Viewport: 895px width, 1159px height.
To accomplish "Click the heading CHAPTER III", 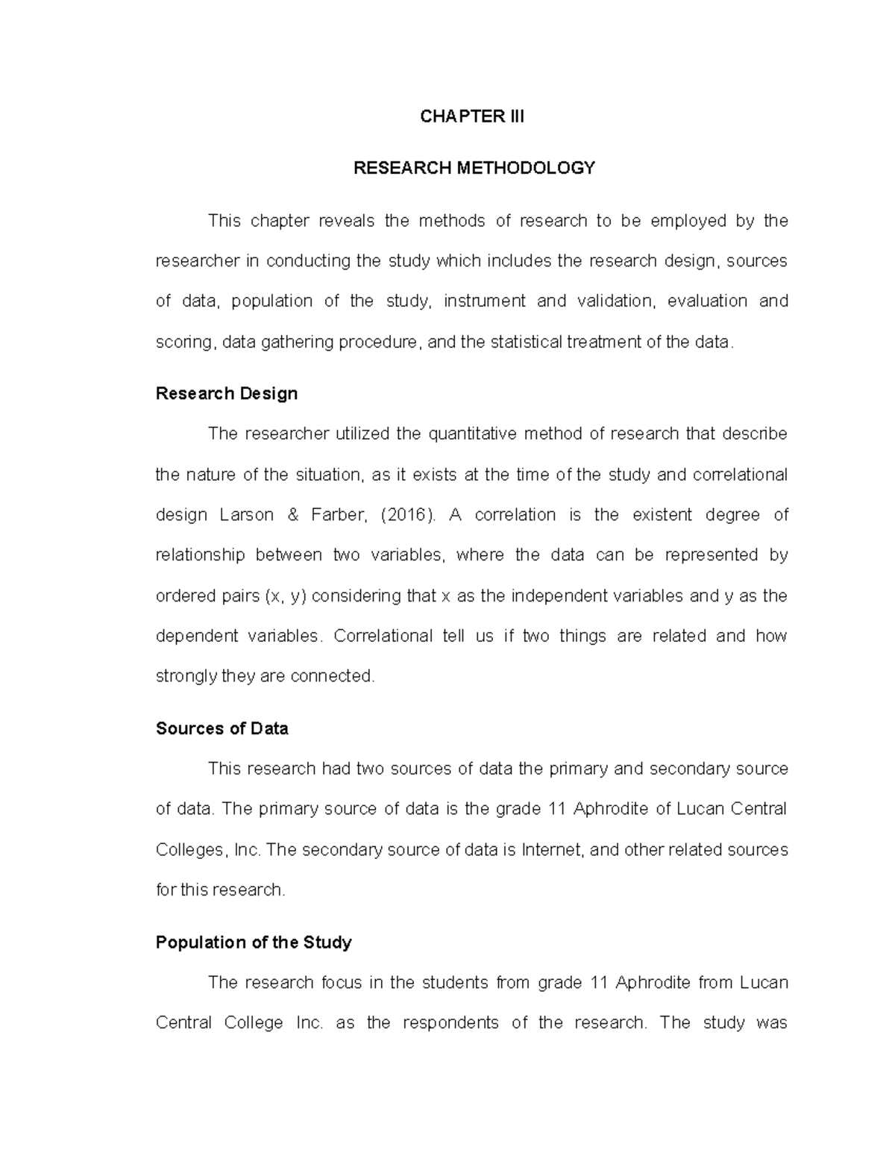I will point(472,116).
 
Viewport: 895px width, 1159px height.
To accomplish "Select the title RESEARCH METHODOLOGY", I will point(474,168).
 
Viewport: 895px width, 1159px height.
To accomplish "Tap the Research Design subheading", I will point(226,394).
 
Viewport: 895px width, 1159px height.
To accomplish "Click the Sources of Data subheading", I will point(222,729).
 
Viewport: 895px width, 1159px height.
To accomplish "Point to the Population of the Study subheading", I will point(253,943).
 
